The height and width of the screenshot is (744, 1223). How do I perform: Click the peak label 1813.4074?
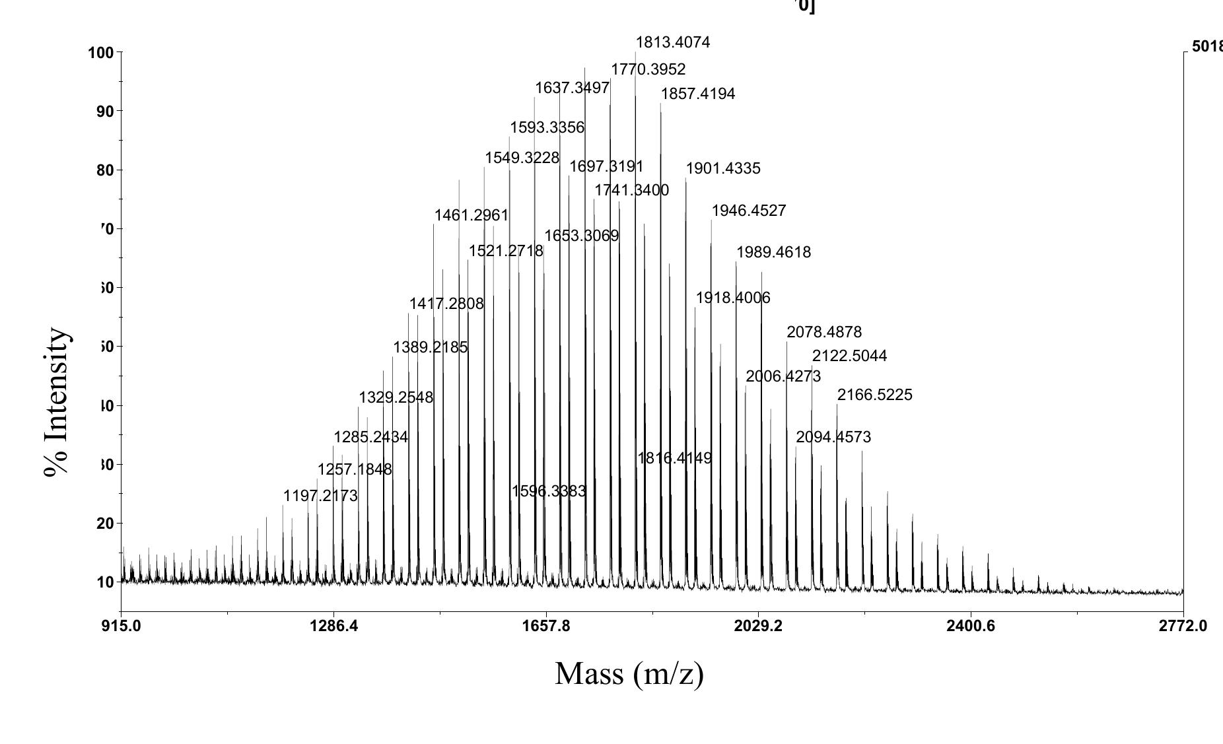(x=672, y=43)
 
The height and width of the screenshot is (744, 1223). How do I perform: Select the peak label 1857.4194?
(x=697, y=94)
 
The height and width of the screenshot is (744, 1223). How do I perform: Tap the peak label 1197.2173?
(x=320, y=496)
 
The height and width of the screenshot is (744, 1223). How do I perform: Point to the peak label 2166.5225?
(x=874, y=395)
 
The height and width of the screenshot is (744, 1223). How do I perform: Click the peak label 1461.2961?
(x=471, y=215)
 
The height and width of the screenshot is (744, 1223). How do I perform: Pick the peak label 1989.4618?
(x=773, y=252)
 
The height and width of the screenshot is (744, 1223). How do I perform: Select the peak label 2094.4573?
(x=833, y=437)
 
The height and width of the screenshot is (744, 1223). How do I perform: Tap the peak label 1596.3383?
(x=548, y=491)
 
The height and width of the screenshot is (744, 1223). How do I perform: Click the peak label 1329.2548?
(x=396, y=397)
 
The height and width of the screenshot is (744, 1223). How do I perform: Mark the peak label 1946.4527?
(x=748, y=211)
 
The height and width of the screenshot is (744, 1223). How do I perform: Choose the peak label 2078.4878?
(x=823, y=332)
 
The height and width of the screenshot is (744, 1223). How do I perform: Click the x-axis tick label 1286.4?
(x=333, y=626)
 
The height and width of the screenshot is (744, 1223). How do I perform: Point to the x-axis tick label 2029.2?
(x=757, y=626)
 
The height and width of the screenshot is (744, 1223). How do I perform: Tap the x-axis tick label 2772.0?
(x=1182, y=626)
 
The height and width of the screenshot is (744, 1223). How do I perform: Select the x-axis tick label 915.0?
(x=121, y=626)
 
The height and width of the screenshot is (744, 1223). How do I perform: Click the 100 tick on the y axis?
(x=100, y=53)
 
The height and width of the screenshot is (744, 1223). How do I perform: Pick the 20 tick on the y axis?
(x=104, y=524)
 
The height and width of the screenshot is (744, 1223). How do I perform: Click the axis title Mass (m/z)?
(x=629, y=674)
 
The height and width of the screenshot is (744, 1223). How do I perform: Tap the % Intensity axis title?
(x=57, y=402)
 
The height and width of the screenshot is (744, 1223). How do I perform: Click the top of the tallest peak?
(x=635, y=52)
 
